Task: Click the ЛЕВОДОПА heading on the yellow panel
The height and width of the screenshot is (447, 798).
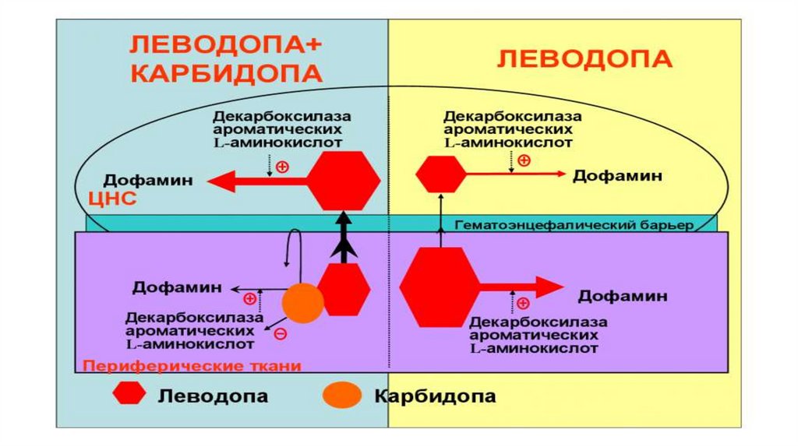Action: [584, 59]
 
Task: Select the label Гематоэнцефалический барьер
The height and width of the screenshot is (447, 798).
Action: [574, 225]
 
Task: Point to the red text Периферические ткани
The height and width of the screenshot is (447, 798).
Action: [192, 364]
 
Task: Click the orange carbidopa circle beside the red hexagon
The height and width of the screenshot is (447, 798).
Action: [302, 303]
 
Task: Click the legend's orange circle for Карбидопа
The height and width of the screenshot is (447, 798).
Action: [343, 395]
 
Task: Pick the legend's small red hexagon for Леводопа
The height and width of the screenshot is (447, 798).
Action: [129, 395]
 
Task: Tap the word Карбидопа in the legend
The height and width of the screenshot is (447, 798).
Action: [435, 396]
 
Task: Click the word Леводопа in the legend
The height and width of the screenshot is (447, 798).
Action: [213, 396]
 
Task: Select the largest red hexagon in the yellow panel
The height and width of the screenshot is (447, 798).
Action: [440, 286]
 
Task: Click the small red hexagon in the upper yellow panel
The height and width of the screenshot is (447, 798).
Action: [440, 174]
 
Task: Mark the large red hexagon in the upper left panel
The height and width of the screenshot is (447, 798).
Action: [343, 181]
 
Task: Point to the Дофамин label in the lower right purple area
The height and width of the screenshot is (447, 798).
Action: [623, 296]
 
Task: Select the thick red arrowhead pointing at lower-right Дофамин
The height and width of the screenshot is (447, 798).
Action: [549, 286]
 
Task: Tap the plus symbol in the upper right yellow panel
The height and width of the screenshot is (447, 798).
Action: [524, 161]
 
